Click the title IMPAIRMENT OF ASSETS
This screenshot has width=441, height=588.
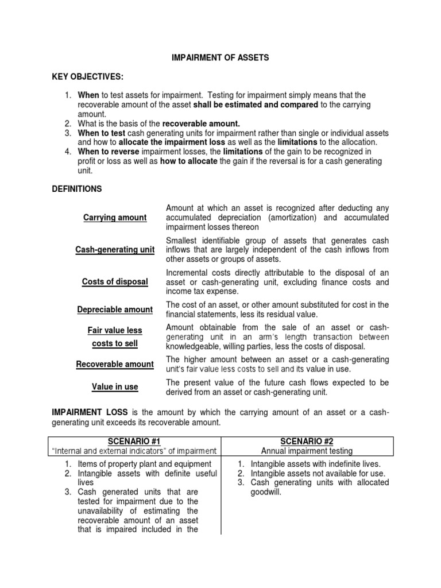coord(221,58)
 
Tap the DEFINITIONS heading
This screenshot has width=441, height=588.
coord(77,188)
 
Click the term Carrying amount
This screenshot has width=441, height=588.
coord(115,218)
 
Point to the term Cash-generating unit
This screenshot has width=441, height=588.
coord(115,250)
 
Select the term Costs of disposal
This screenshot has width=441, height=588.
coord(115,282)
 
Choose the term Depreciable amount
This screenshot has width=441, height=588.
coord(115,310)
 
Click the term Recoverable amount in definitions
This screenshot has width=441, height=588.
coord(115,364)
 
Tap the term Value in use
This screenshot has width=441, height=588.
coord(115,387)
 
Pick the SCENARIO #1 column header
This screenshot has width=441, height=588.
coord(134,441)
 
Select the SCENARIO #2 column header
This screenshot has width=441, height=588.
coord(308,441)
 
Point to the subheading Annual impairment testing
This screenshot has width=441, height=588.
coord(308,451)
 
